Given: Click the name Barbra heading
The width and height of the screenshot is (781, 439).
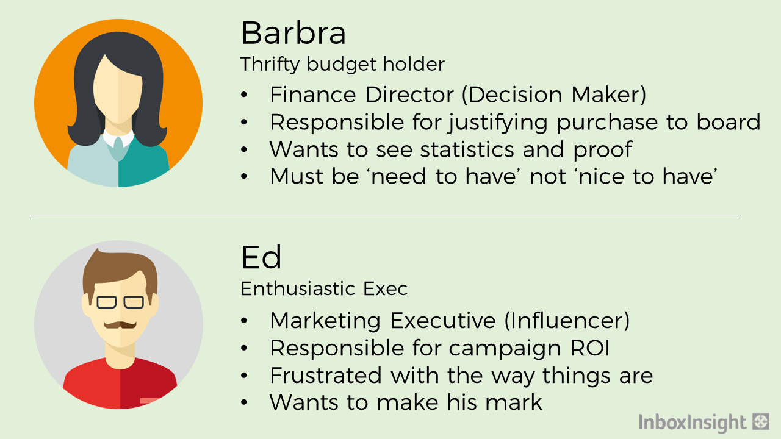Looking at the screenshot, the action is tap(293, 33).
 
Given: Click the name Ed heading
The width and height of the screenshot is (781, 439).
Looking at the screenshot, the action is tap(261, 257).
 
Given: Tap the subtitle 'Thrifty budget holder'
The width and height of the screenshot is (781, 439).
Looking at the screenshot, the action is tap(342, 64).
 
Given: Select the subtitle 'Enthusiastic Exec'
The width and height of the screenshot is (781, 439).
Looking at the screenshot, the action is tap(324, 288).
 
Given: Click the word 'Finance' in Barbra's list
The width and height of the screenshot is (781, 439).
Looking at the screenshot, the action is tap(313, 95).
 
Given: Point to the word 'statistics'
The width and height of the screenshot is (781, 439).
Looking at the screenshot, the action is tap(467, 149).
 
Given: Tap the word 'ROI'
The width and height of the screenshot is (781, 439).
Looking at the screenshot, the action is tap(589, 348).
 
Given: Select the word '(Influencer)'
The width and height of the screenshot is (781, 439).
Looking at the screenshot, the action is tap(567, 320).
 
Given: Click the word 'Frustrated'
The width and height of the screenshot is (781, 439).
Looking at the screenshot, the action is tap(326, 375).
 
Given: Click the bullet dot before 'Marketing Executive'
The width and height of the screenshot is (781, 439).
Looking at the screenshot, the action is tap(243, 321).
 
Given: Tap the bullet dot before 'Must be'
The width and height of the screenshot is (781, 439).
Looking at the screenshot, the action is tap(243, 176).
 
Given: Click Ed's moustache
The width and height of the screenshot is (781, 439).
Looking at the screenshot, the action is tap(120, 325).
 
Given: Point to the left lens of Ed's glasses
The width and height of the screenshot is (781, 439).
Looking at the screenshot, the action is tap(106, 302).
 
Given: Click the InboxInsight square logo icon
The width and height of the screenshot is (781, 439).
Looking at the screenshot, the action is tap(761, 421).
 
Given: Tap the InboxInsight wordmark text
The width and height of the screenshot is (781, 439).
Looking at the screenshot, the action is tap(693, 423).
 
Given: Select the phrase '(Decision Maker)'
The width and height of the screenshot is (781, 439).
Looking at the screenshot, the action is tap(554, 95).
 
